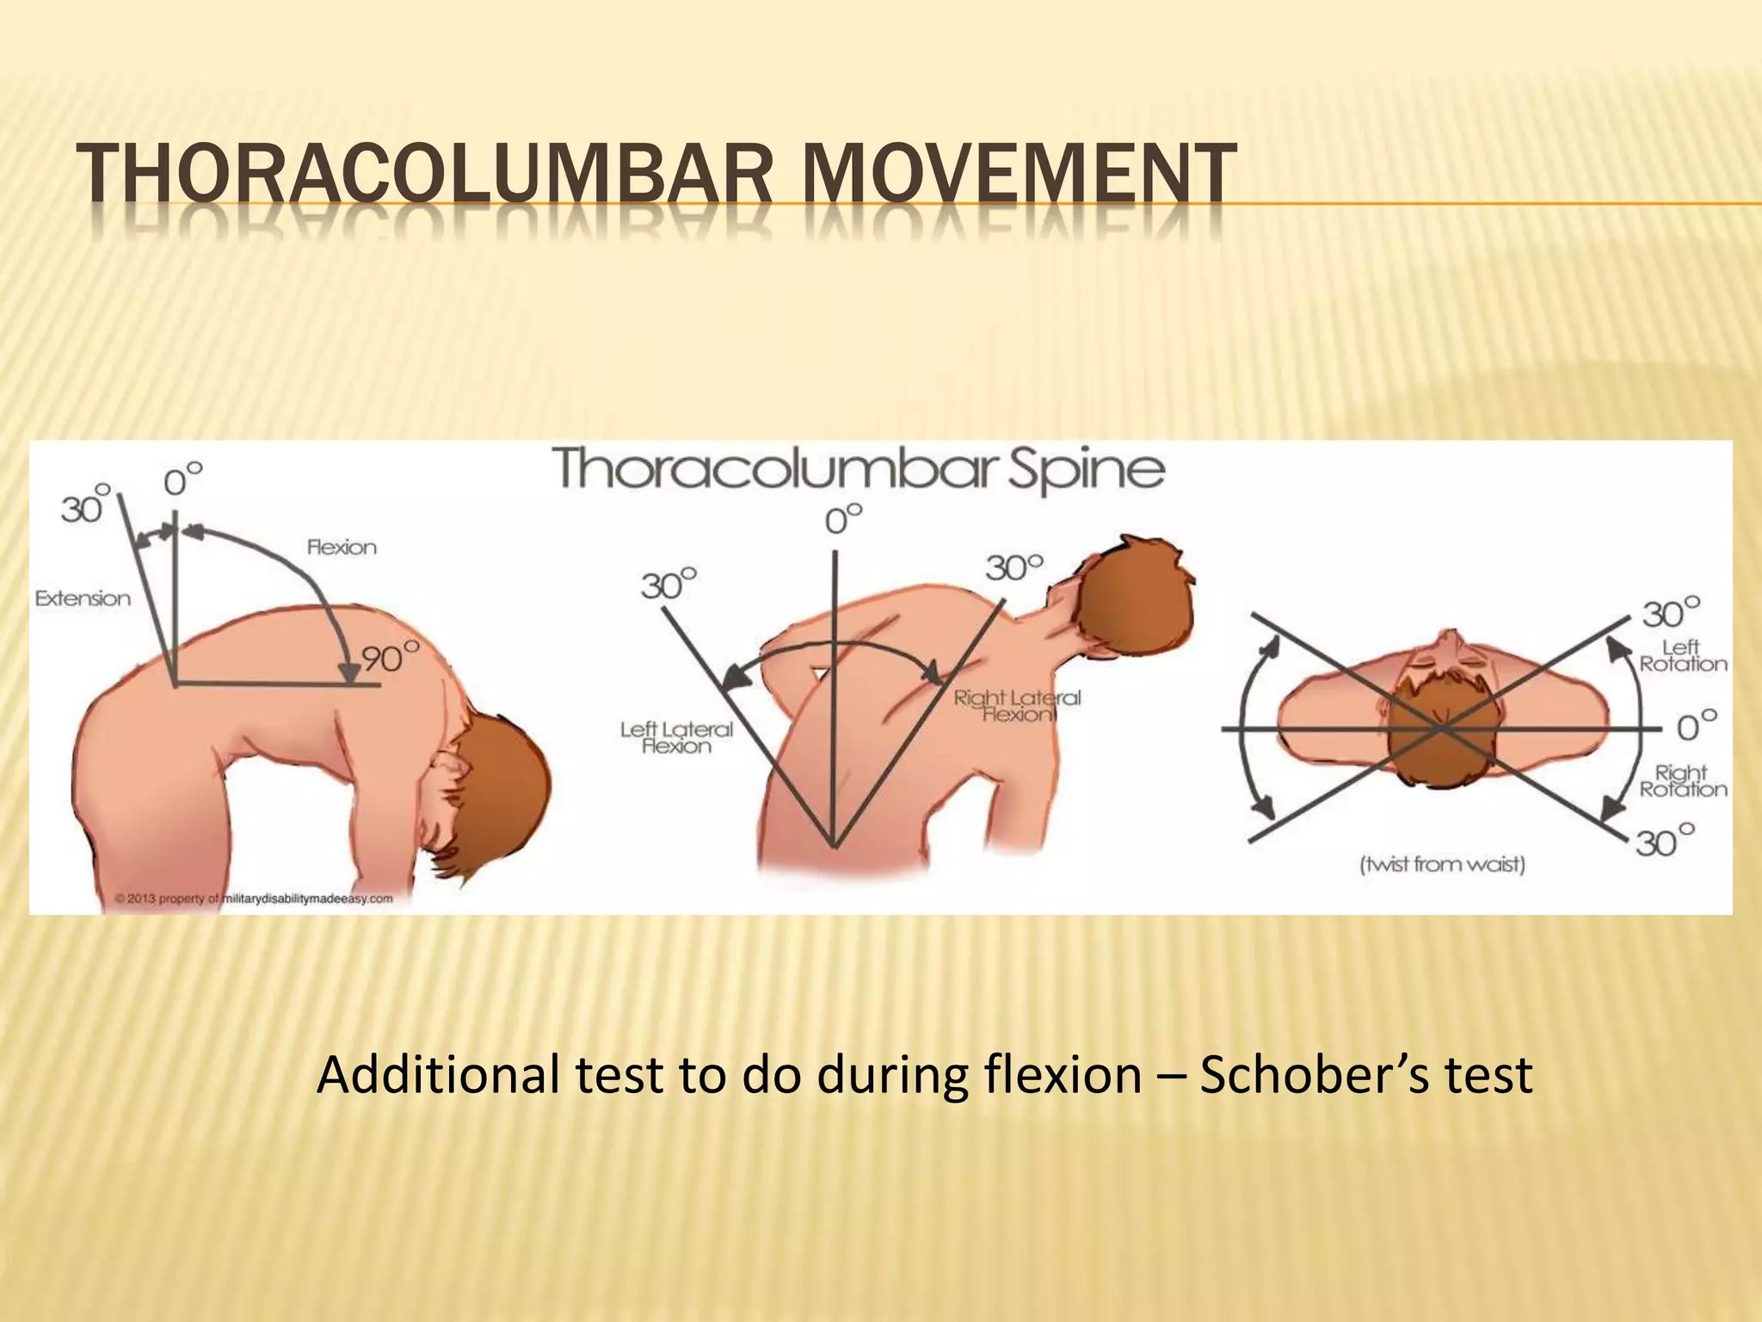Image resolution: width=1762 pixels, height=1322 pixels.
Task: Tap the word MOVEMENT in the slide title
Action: click(x=1016, y=176)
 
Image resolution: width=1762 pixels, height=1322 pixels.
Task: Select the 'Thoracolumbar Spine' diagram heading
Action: click(x=858, y=470)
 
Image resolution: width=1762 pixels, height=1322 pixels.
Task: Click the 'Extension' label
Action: click(x=83, y=598)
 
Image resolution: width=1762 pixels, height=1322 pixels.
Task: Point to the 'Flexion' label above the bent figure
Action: click(x=342, y=547)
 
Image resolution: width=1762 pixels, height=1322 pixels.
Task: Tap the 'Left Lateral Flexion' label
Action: click(x=676, y=738)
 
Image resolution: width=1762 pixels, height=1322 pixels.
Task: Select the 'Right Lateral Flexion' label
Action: click(x=1017, y=706)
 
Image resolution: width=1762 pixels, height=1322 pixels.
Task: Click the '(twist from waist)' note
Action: click(x=1442, y=863)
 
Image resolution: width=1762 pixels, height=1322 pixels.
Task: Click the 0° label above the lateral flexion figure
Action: click(x=843, y=520)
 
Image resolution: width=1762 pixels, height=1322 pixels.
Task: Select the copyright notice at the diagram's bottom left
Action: click(x=254, y=899)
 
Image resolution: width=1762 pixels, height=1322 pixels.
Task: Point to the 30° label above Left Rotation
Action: click(x=1671, y=614)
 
